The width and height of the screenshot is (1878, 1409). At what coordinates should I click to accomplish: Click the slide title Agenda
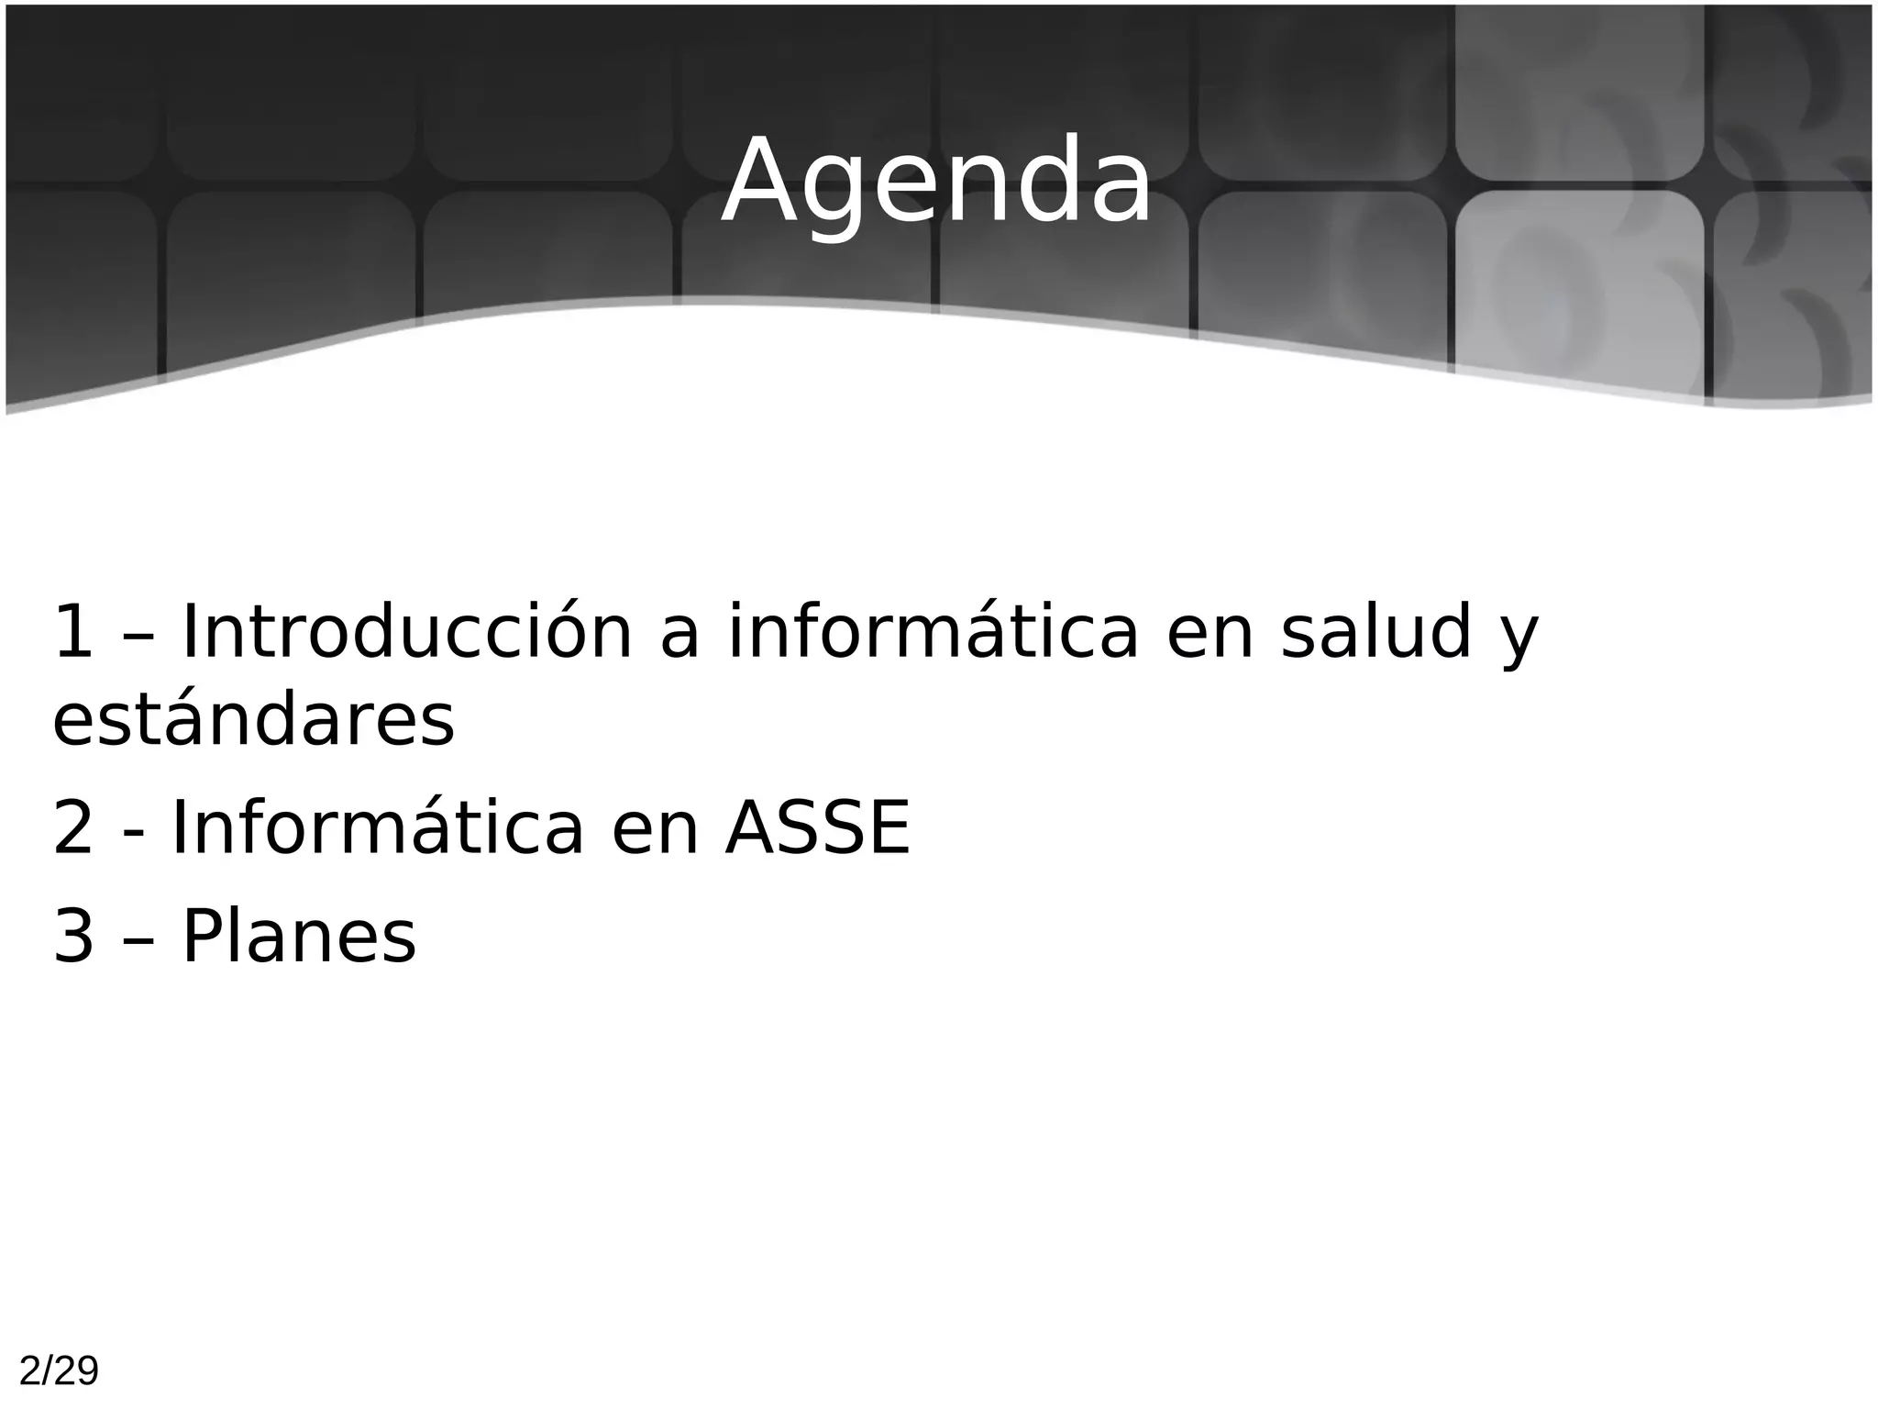coord(936,181)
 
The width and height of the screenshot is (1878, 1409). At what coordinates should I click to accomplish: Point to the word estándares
coord(253,720)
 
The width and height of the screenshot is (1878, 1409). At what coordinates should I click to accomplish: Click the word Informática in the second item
coord(378,828)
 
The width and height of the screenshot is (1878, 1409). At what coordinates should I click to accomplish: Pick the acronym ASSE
coord(818,828)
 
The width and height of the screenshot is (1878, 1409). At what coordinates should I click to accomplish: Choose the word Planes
coord(299,937)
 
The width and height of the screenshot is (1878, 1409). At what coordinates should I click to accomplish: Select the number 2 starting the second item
coord(73,828)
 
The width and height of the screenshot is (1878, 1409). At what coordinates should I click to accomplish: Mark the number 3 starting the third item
coord(73,937)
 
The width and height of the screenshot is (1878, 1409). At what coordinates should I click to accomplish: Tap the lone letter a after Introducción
coord(679,638)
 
